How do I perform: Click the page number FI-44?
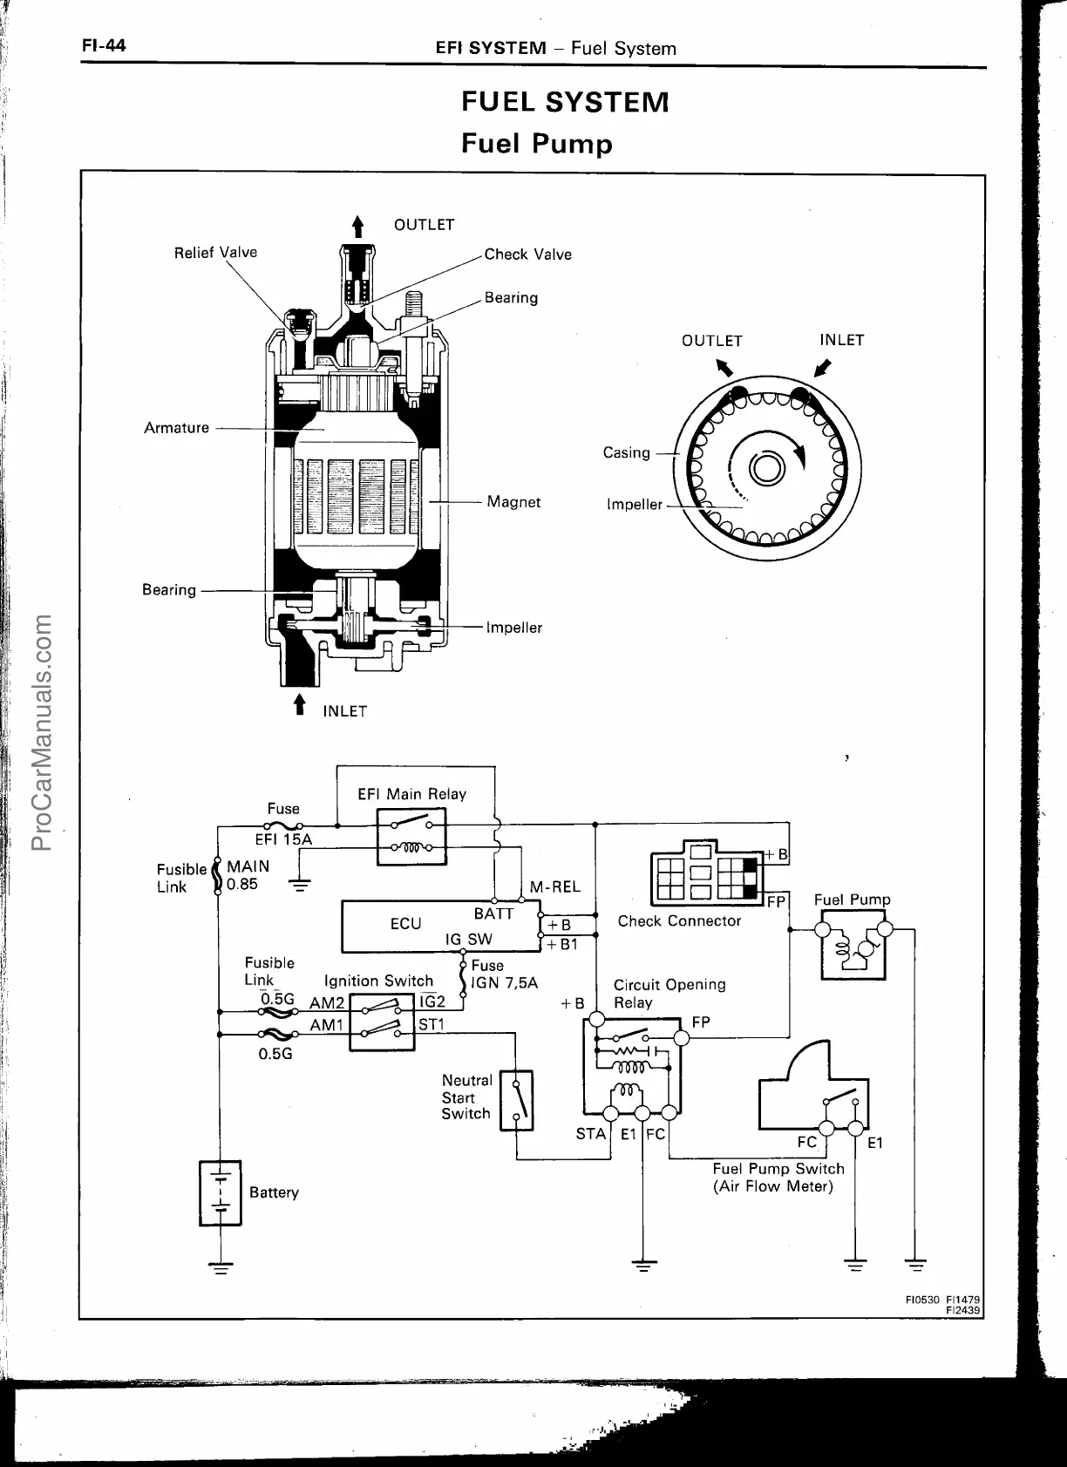[104, 45]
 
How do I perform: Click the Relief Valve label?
[215, 253]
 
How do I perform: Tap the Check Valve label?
[527, 255]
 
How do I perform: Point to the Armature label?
[176, 428]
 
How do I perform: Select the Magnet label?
[513, 502]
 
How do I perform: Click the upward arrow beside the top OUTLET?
[357, 226]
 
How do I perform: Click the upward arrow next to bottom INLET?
[301, 704]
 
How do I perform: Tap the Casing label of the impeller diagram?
[626, 452]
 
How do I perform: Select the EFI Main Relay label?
[411, 794]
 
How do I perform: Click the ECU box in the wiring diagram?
[440, 927]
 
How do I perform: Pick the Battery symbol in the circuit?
[221, 1192]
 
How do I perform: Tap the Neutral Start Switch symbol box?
[516, 1100]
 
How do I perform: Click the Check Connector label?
[679, 921]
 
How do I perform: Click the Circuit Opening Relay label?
[669, 994]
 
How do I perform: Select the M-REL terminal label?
[554, 887]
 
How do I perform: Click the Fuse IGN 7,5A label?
[504, 975]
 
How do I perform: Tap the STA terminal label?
[590, 1134]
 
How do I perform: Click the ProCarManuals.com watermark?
[42, 732]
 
